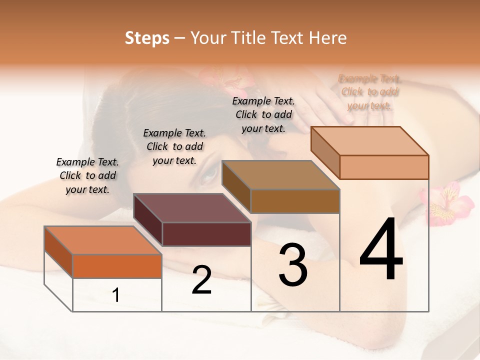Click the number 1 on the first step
[116, 295]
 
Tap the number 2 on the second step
[201, 280]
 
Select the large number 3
[293, 265]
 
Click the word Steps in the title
[147, 38]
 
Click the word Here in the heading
[328, 38]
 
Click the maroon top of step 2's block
[192, 208]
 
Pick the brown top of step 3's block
[281, 175]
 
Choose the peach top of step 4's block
[370, 141]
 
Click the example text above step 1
[87, 175]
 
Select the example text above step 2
[174, 146]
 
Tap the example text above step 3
[263, 114]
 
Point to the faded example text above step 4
[370, 92]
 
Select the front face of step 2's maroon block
[206, 234]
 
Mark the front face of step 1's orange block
[117, 266]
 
